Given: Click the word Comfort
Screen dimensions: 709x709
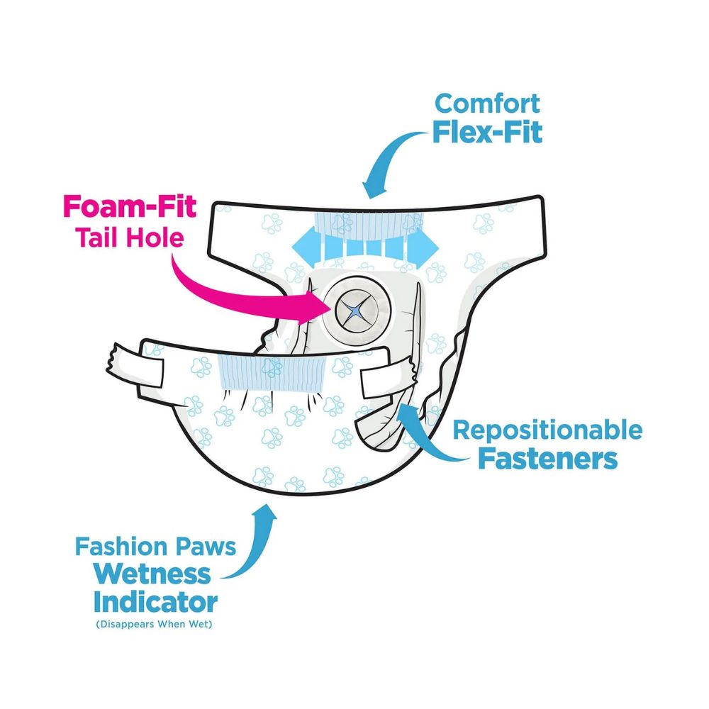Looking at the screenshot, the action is (x=487, y=104).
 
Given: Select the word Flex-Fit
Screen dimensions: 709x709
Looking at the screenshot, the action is (x=488, y=132).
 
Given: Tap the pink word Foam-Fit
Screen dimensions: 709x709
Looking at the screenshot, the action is (x=130, y=206).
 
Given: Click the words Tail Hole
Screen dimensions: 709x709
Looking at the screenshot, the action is (x=130, y=237).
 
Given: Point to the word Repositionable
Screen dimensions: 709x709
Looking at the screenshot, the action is (x=547, y=430).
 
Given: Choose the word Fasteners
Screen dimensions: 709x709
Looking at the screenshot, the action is (x=547, y=459).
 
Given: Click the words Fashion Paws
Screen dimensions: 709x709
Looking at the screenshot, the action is (x=155, y=546).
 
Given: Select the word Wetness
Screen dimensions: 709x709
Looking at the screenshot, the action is (x=153, y=574).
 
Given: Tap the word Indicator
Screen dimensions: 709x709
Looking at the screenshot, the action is (x=155, y=602).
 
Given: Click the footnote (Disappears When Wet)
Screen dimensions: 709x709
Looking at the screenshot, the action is (x=154, y=624).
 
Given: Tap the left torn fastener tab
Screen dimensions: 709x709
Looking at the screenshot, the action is (x=135, y=365).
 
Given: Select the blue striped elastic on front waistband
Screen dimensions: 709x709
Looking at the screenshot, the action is (x=273, y=372).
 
